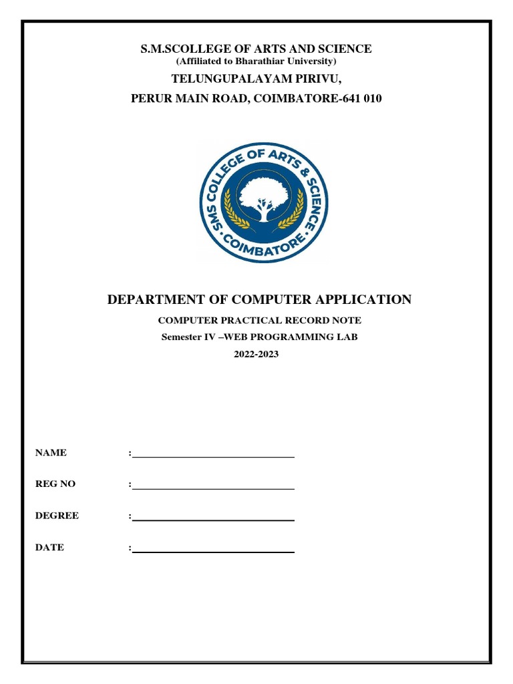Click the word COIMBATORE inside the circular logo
tap(265, 244)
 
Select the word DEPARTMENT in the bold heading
tap(154, 299)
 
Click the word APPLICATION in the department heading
tap(365, 299)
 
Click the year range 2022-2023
tap(256, 354)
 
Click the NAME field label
tap(51, 453)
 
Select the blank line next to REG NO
tap(213, 488)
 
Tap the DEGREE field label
tap(57, 516)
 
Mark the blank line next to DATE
tap(213, 552)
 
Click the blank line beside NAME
tap(213, 457)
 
